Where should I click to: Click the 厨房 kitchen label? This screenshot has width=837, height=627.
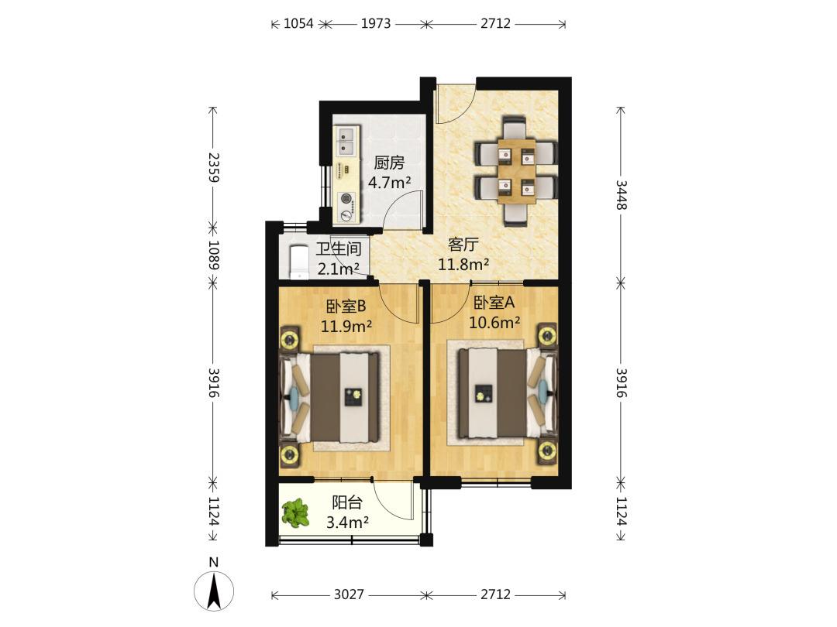389,162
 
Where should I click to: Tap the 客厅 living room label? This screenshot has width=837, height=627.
463,245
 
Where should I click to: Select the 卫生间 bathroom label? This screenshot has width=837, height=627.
339,249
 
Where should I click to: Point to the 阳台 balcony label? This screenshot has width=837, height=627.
347,502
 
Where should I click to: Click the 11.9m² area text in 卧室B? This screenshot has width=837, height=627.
346,325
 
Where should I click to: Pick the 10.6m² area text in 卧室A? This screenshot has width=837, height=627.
494,322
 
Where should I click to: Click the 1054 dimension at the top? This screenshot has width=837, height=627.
298,23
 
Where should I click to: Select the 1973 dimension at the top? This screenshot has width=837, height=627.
376,23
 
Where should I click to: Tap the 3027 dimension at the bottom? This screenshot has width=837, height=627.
349,594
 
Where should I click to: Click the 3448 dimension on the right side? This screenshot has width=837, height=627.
622,194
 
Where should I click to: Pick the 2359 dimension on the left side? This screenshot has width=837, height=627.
214,167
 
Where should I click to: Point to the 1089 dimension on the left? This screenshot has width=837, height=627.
214,255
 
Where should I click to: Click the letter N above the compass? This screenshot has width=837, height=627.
214,562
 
